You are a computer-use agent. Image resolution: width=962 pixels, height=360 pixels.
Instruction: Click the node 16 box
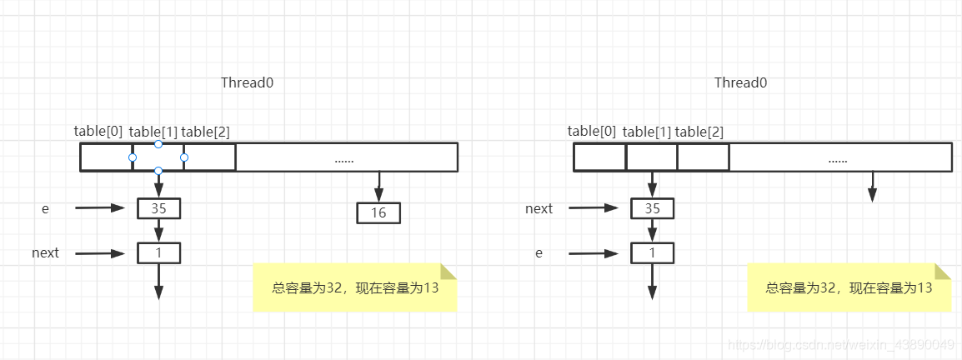pyautogui.click(x=378, y=213)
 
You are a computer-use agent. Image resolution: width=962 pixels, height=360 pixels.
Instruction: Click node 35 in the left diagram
pyautogui.click(x=158, y=208)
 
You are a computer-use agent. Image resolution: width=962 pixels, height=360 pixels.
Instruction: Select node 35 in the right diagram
pyautogui.click(x=652, y=208)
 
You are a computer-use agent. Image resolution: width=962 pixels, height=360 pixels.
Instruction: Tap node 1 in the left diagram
pyautogui.click(x=158, y=252)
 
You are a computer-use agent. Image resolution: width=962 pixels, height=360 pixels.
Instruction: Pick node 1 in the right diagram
pyautogui.click(x=652, y=252)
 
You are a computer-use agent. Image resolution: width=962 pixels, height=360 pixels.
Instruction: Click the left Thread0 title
pyautogui.click(x=247, y=82)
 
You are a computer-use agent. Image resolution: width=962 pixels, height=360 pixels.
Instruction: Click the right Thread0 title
pyautogui.click(x=740, y=82)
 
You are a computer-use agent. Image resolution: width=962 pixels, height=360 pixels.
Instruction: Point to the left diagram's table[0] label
pyautogui.click(x=98, y=131)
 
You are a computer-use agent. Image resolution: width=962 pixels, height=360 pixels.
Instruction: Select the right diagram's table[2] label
pyautogui.click(x=699, y=131)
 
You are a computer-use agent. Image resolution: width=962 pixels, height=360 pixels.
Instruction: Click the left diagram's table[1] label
pyautogui.click(x=153, y=131)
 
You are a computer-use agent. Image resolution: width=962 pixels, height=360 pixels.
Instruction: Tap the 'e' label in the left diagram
pyautogui.click(x=46, y=208)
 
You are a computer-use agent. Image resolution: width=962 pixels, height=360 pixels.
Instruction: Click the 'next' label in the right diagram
pyautogui.click(x=539, y=208)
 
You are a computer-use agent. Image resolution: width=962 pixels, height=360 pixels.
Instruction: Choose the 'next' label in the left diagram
pyautogui.click(x=46, y=252)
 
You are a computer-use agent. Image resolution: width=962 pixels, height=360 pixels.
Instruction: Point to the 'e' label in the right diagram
pyautogui.click(x=539, y=252)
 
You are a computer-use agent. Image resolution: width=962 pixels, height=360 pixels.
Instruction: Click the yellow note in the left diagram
pyautogui.click(x=355, y=288)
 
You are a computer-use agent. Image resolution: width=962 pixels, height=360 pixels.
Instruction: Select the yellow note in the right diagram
pyautogui.click(x=849, y=288)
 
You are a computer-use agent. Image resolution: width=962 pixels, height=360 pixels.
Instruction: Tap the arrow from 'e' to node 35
pyautogui.click(x=100, y=208)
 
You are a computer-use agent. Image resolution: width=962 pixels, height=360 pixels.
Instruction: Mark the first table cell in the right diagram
pyautogui.click(x=600, y=157)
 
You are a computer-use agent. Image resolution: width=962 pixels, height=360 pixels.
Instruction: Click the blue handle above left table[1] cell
pyautogui.click(x=158, y=144)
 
